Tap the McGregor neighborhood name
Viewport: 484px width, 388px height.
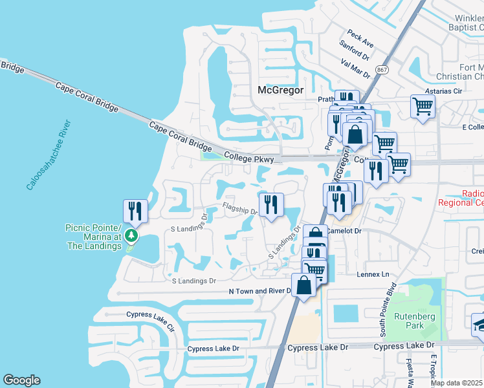pos(280,91)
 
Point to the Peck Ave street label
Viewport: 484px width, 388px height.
pos(360,39)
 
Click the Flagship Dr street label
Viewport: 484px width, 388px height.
pos(240,208)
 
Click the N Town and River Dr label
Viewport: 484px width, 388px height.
pos(261,291)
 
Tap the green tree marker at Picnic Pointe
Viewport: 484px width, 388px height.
pos(131,235)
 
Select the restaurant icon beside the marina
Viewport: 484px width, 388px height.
pos(135,210)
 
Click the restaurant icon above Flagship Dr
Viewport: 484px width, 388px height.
pos(271,204)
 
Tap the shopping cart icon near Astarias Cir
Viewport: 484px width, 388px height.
pos(423,105)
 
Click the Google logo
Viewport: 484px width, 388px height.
pos(21,380)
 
